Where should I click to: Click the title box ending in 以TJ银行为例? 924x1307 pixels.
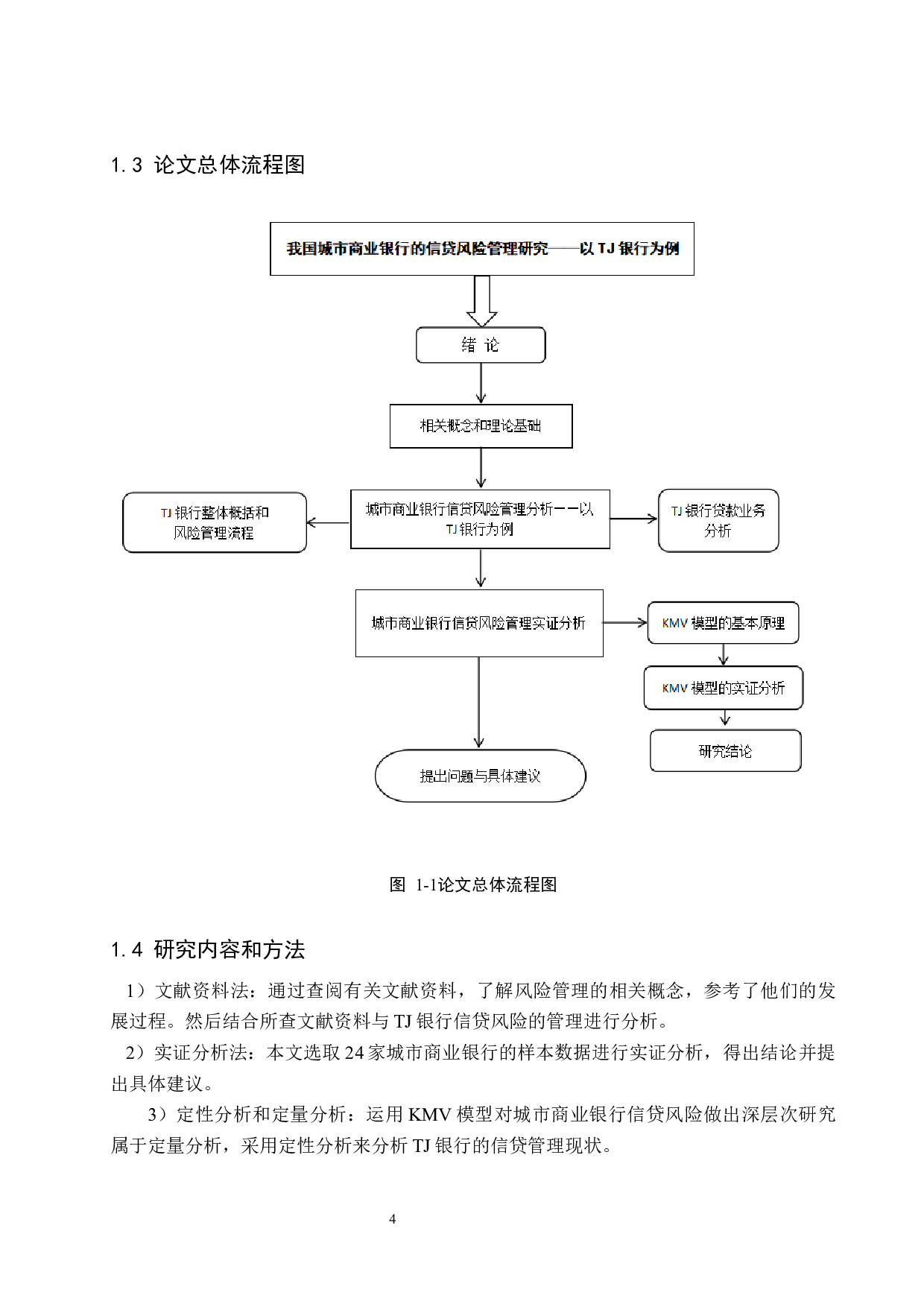tap(481, 249)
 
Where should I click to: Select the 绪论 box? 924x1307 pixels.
tap(481, 345)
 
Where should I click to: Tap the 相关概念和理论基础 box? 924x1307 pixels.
tap(481, 426)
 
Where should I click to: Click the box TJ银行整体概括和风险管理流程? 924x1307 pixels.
tap(215, 522)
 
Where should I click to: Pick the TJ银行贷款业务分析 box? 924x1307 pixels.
tap(718, 520)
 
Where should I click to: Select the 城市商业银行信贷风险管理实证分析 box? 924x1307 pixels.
tap(479, 623)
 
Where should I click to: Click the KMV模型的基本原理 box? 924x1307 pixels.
tap(723, 623)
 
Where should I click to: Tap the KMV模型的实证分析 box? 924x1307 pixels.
tap(723, 688)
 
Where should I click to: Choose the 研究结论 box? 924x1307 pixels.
tap(725, 750)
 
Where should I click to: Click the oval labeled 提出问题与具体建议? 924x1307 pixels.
tap(480, 776)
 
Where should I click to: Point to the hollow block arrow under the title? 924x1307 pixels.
tap(482, 300)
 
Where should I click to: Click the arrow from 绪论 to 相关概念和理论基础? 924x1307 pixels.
tap(481, 383)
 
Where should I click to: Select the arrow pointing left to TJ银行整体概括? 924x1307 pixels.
tap(328, 522)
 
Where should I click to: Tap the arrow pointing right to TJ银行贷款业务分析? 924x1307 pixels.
tap(633, 519)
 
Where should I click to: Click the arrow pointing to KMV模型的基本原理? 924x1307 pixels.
tap(624, 622)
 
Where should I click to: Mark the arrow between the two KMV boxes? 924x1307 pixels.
tap(723, 654)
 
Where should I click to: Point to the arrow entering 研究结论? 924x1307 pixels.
tap(725, 718)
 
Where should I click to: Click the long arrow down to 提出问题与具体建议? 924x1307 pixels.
tap(478, 702)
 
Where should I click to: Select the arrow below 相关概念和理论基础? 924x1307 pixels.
tap(481, 468)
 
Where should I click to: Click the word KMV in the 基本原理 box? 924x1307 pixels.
tap(674, 624)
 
